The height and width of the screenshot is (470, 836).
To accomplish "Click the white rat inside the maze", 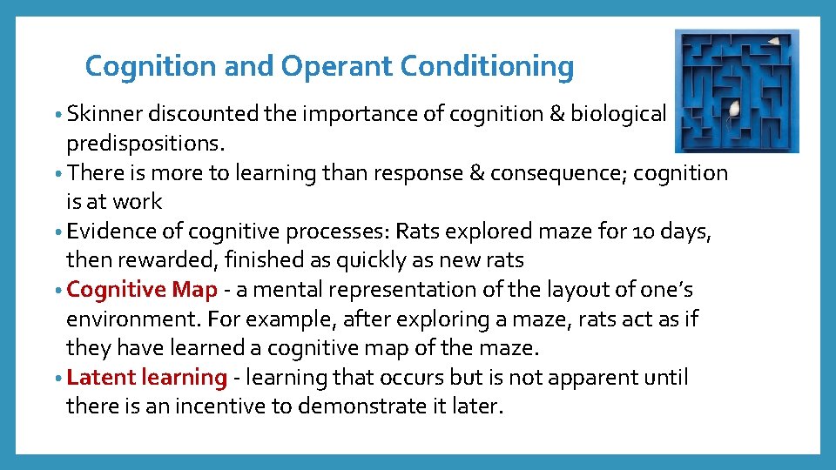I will (x=734, y=110).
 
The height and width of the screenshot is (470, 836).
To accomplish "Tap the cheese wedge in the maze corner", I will (x=773, y=40).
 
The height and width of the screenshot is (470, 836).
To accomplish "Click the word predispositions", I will (x=143, y=143).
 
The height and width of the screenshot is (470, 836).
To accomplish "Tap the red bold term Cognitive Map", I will (x=141, y=289).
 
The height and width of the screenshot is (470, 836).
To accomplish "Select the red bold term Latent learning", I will (x=146, y=378).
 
